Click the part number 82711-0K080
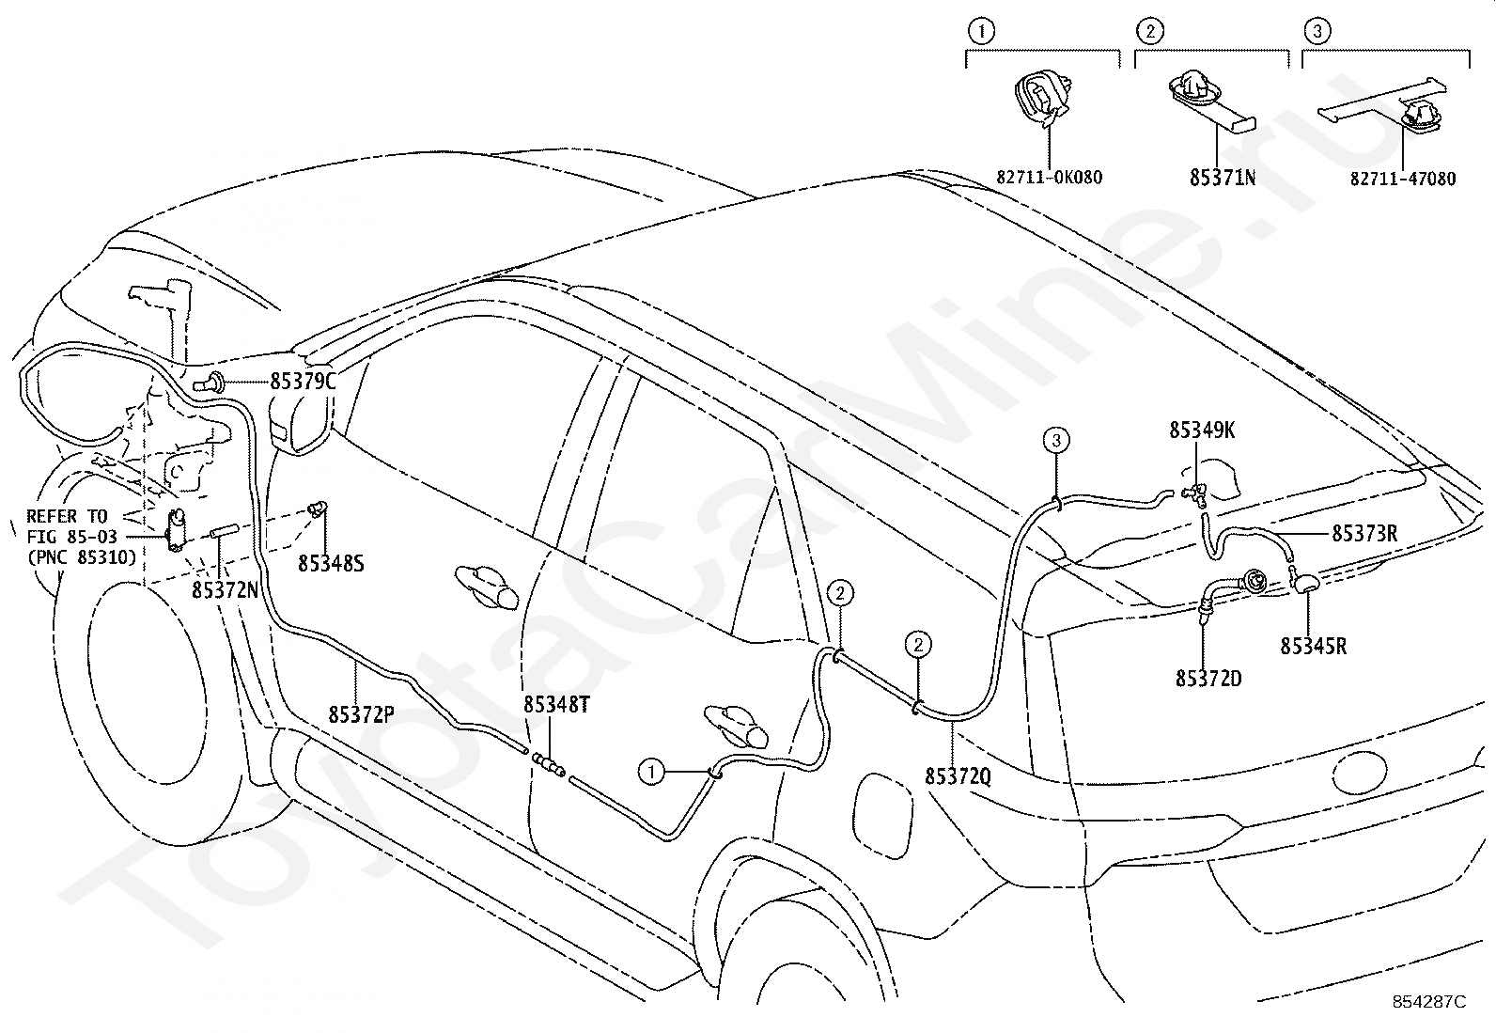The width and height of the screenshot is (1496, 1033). click(1050, 178)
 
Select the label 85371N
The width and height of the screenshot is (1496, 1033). click(1223, 178)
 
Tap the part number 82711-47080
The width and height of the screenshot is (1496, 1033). click(1403, 180)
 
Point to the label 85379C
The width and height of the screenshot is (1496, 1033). click(304, 382)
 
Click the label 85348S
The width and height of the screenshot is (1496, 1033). click(332, 564)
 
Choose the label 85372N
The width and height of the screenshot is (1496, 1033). click(226, 590)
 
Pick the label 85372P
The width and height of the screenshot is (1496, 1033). click(361, 715)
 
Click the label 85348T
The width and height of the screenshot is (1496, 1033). click(557, 705)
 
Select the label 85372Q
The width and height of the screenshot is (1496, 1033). click(958, 776)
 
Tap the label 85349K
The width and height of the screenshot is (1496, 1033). click(1202, 430)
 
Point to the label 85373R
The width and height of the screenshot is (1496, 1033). click(1365, 533)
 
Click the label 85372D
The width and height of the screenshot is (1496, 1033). click(1208, 679)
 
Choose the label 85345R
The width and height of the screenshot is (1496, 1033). click(1314, 647)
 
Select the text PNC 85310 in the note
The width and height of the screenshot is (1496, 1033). click(82, 557)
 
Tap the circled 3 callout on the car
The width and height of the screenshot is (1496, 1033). click(1056, 440)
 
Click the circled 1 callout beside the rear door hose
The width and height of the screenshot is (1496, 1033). click(651, 773)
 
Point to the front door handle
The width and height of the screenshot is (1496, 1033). click(487, 587)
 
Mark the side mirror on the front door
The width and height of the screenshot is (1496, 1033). click(301, 422)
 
